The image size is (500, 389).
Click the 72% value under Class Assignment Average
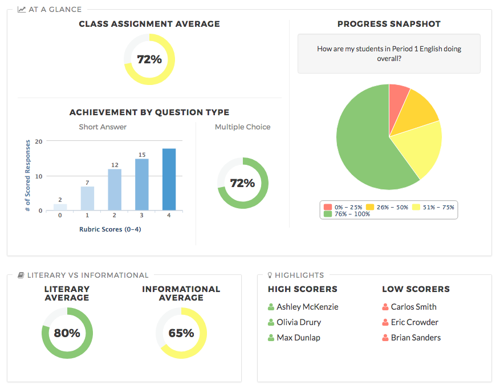pos(149,59)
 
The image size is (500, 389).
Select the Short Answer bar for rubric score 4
pos(169,180)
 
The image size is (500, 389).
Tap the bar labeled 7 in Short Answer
pos(87,198)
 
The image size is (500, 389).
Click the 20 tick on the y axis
pos(38,141)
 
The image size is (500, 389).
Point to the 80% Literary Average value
pos(67,333)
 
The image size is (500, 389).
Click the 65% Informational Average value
pos(181,333)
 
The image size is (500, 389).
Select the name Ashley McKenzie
pos(307,307)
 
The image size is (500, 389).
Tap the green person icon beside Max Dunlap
pos(271,338)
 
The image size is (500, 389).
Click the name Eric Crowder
pos(414,322)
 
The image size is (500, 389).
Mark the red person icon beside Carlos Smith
pos(385,307)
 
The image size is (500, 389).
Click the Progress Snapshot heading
pos(389,24)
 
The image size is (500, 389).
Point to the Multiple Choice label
pos(242,127)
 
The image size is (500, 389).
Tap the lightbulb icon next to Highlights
pos(270,275)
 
